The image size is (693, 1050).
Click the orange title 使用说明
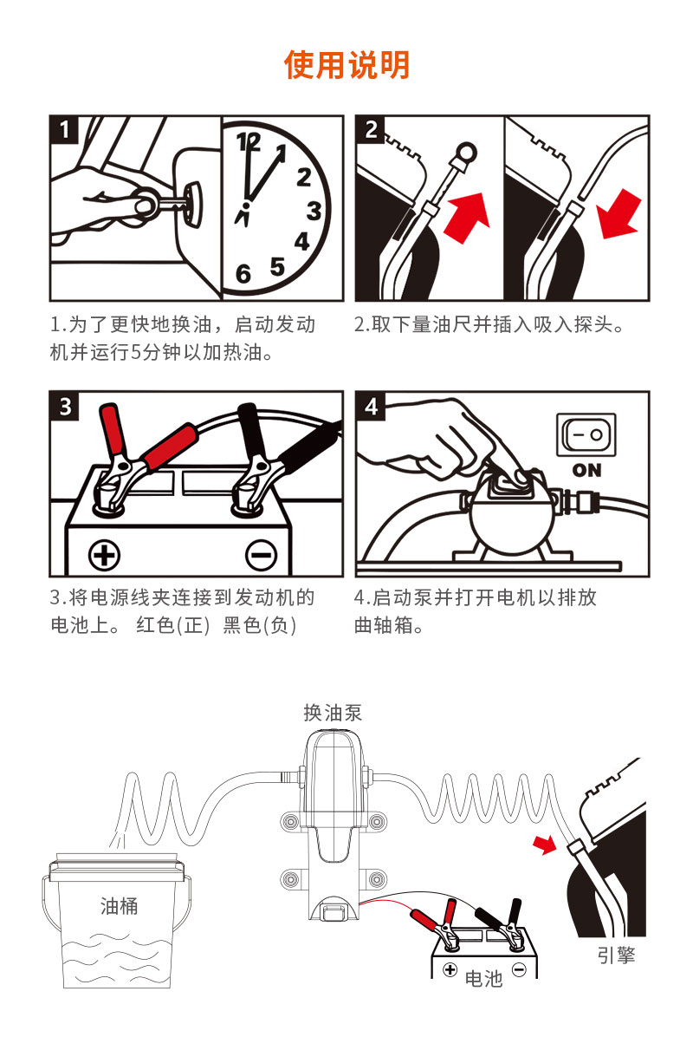pyautogui.click(x=346, y=64)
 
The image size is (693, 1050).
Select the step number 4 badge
pyautogui.click(x=371, y=406)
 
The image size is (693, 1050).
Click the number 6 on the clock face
pyautogui.click(x=243, y=275)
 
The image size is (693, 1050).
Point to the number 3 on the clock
pyautogui.click(x=314, y=211)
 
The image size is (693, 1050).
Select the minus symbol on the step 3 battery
pyautogui.click(x=261, y=554)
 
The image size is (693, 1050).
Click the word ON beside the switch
pyautogui.click(x=587, y=470)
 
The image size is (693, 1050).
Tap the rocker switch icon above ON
pyautogui.click(x=587, y=434)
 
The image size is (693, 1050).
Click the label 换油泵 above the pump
pyautogui.click(x=333, y=713)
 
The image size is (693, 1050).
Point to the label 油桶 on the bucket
pyautogui.click(x=119, y=907)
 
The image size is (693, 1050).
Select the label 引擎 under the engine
pyautogui.click(x=616, y=955)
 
